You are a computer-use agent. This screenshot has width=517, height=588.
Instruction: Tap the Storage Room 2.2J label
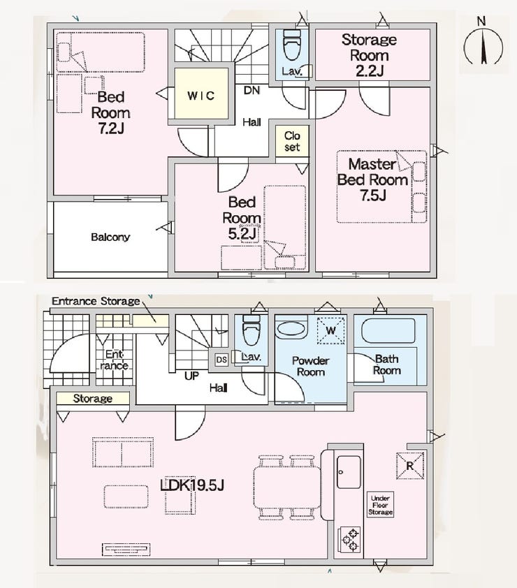(369, 55)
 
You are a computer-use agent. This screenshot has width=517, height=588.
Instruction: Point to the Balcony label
(110, 237)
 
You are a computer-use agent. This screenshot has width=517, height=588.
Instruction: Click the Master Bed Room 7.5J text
(372, 179)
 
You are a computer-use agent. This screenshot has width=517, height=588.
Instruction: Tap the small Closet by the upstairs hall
(292, 141)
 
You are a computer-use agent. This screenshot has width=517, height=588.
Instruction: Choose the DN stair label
(252, 90)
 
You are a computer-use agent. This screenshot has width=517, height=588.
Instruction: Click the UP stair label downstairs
(191, 376)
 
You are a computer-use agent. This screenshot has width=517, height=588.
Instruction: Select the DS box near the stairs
(221, 360)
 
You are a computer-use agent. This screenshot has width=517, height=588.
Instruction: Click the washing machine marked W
(330, 331)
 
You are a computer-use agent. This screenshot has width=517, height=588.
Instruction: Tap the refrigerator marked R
(410, 466)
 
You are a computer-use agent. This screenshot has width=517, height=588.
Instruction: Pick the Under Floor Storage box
(381, 505)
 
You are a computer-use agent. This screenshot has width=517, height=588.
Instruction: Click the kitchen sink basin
(349, 472)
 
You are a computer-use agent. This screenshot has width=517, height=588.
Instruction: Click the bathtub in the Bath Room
(388, 331)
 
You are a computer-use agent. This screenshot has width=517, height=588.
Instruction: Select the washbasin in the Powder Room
(291, 329)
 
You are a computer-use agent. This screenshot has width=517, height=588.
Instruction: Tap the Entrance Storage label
(96, 301)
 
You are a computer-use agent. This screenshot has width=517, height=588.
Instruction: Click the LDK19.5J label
(191, 485)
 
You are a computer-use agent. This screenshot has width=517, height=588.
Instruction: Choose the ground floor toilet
(252, 330)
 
